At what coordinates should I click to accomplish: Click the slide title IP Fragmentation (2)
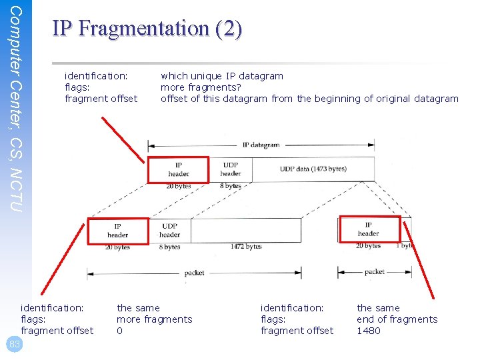pos(147,29)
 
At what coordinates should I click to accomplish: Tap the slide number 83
pos(15,344)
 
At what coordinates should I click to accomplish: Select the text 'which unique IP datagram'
pos(222,76)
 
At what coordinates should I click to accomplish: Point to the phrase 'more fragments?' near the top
pos(201,87)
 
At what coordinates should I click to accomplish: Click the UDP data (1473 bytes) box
pos(312,169)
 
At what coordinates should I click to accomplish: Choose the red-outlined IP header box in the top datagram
pos(178,169)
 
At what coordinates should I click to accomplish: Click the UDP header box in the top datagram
pos(230,169)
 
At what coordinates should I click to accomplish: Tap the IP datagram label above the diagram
pos(261,145)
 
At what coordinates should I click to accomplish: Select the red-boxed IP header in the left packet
pos(118,230)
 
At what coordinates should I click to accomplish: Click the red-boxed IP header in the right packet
pos(369,229)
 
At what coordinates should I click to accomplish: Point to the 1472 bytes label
pos(246,247)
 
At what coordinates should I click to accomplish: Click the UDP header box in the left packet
pos(169,230)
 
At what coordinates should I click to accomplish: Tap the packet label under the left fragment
pos(194,273)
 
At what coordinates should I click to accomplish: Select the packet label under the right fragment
pos(374,272)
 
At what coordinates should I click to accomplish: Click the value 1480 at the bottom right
pos(369,331)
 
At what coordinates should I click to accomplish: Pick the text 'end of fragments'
pos(397,319)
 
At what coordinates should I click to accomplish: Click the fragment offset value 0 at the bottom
pos(120,331)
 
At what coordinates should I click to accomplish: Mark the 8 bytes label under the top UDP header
pos(230,186)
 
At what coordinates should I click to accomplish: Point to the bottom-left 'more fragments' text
pos(154,319)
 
